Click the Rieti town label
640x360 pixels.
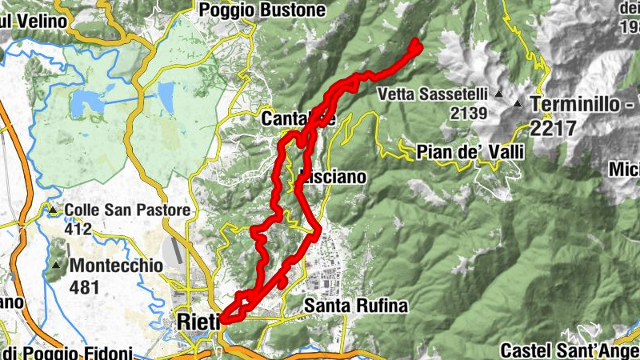click(x=193, y=322)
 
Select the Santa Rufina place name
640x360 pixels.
click(x=356, y=306)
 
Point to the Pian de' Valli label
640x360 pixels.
click(x=470, y=152)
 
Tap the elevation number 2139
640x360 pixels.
click(x=469, y=113)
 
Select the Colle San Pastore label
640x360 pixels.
click(x=128, y=210)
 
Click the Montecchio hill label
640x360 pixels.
click(x=117, y=265)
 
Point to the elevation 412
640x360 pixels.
click(x=79, y=228)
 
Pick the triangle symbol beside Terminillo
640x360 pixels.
click(x=518, y=104)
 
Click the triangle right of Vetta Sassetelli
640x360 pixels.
click(x=498, y=94)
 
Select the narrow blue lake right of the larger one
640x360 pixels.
click(x=166, y=97)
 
